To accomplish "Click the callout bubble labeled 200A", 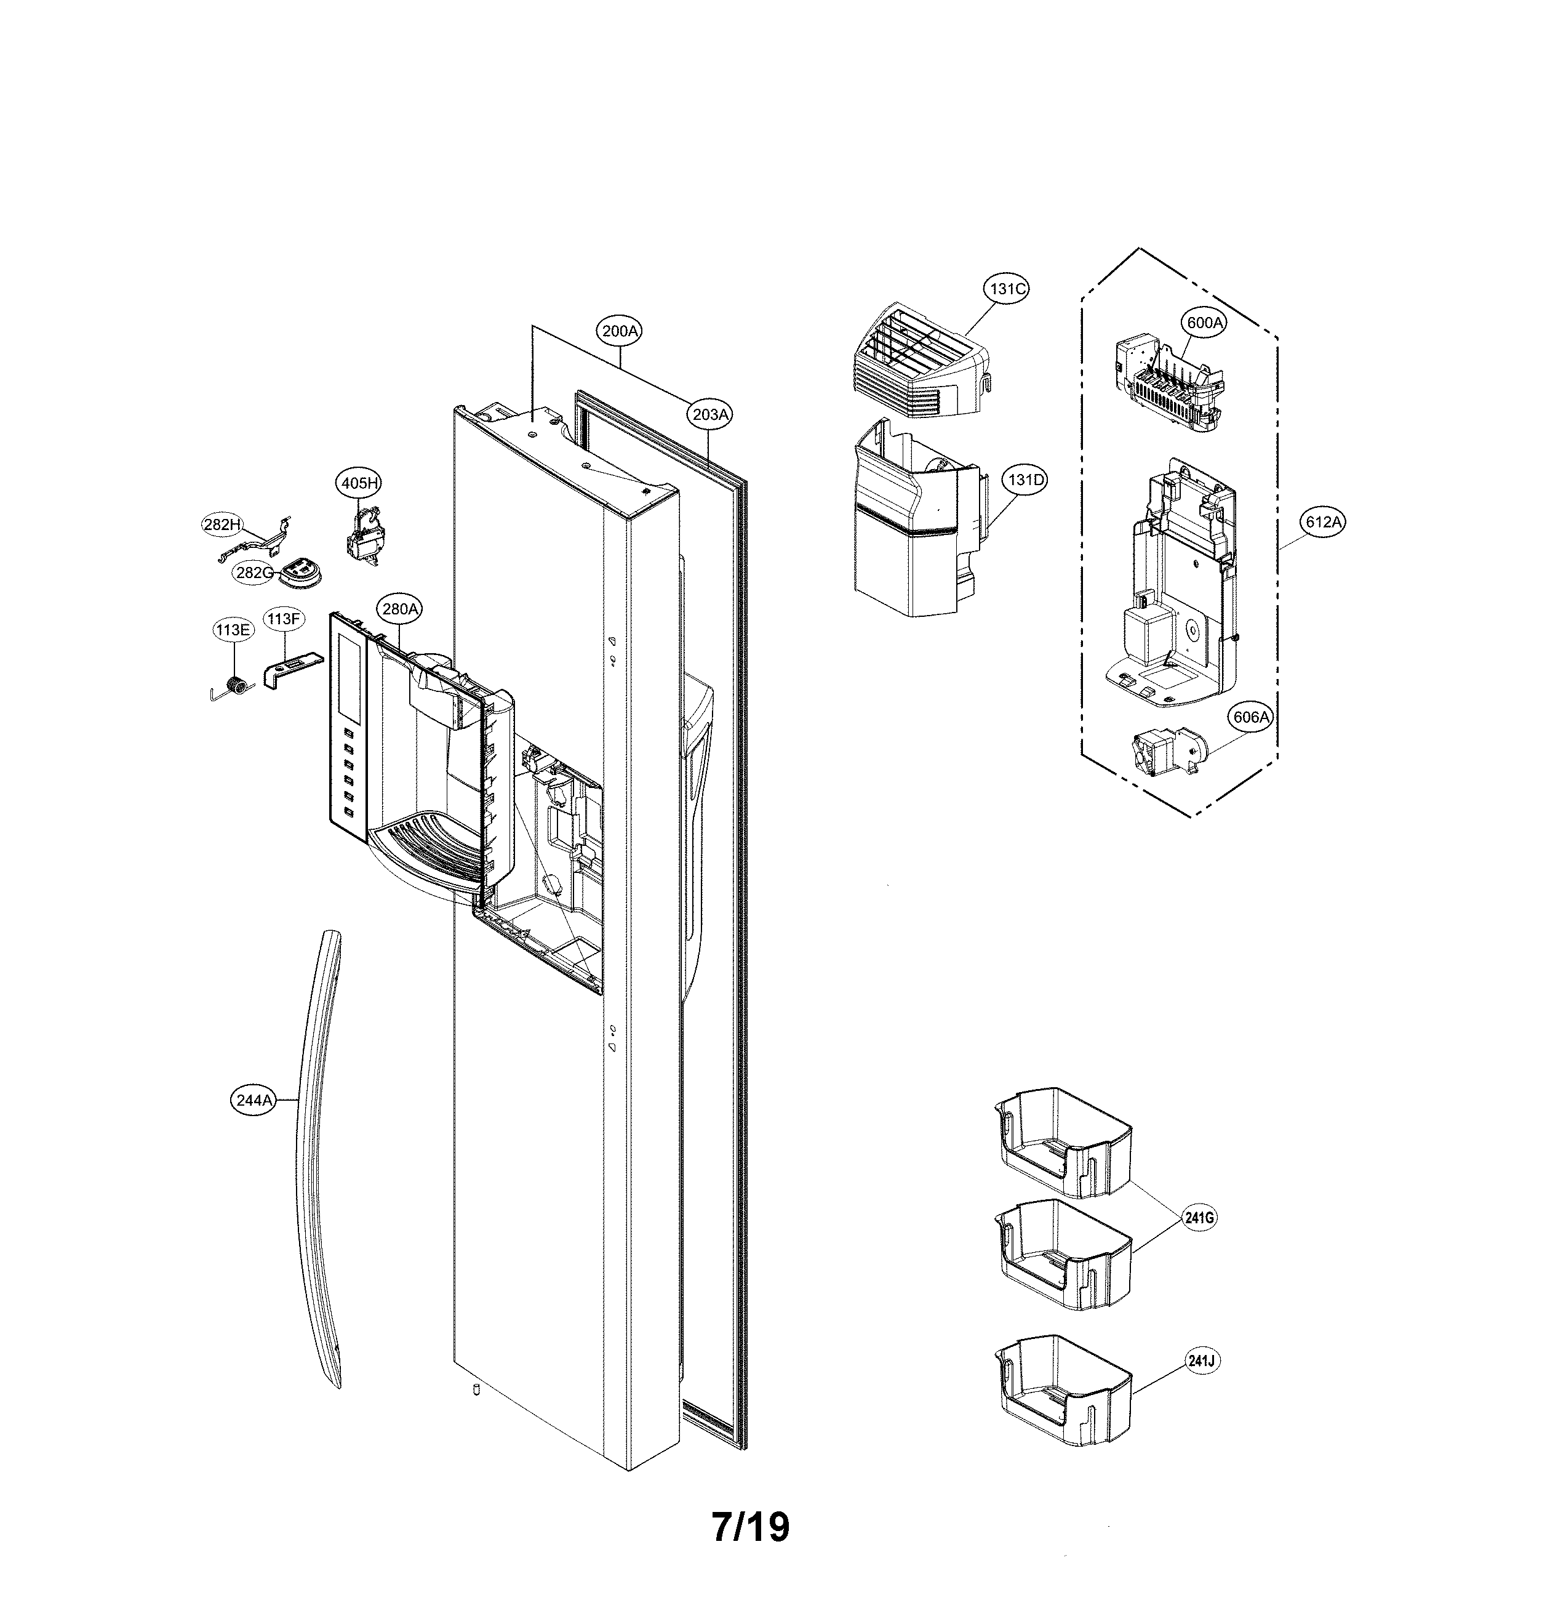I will click(x=619, y=331).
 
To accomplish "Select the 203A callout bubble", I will click(x=710, y=414).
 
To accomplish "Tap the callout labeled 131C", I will click(x=1006, y=289).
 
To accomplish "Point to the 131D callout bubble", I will click(x=1025, y=480).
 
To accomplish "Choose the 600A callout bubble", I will click(x=1205, y=323).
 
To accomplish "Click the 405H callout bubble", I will click(x=359, y=483).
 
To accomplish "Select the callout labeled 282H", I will click(x=222, y=525).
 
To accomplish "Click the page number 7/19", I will click(x=751, y=1527).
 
